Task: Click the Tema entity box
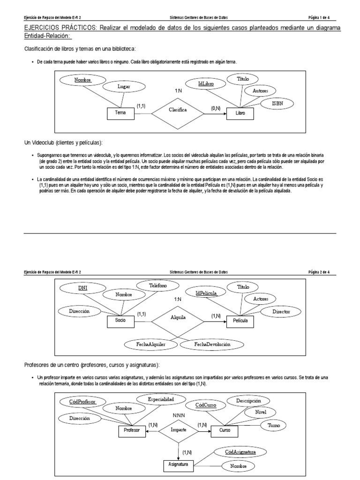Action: click(120, 113)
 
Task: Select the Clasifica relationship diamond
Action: click(178, 110)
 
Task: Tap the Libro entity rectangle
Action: click(240, 113)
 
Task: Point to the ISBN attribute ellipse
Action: click(277, 103)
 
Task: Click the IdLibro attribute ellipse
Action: click(206, 84)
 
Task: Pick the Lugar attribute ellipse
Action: click(124, 87)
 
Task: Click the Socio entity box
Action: click(120, 321)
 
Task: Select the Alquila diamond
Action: click(178, 317)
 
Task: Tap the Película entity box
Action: click(240, 322)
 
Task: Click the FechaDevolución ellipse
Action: click(212, 345)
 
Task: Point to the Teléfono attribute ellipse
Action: click(158, 285)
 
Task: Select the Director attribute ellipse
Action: click(281, 311)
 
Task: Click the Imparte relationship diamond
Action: click(178, 429)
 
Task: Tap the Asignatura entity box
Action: click(178, 465)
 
